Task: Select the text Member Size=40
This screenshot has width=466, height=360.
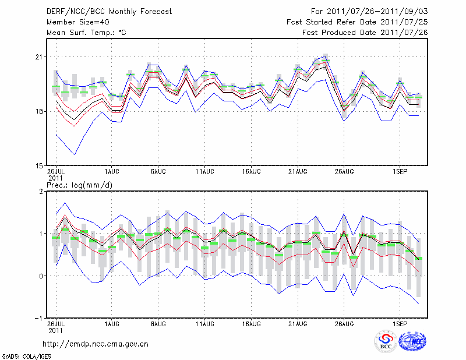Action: [73, 22]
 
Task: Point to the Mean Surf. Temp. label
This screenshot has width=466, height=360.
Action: [86, 32]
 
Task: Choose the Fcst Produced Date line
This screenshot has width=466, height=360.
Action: [365, 32]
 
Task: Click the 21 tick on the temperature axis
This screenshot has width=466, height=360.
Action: [40, 57]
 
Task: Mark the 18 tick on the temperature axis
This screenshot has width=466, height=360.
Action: [40, 111]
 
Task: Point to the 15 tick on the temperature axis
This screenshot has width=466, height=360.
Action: [40, 165]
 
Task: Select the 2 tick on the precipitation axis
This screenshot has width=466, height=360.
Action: [41, 192]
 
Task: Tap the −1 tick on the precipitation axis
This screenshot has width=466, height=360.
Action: [38, 319]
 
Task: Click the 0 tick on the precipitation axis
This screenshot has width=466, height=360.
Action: [41, 276]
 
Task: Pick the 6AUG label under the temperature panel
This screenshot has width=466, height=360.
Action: [158, 172]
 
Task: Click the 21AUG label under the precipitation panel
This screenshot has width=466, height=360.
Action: [298, 323]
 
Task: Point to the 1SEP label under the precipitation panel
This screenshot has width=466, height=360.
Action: [400, 323]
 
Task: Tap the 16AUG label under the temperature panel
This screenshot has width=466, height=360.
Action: [251, 172]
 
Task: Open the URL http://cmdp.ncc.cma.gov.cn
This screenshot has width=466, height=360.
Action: [96, 344]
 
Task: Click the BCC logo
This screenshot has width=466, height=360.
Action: [386, 341]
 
